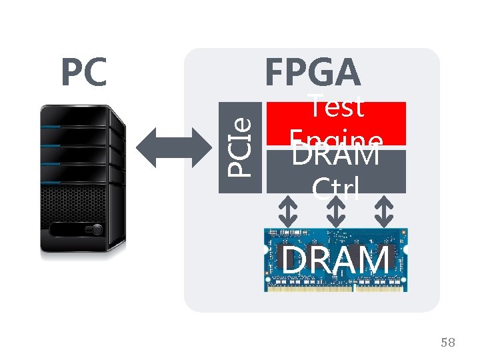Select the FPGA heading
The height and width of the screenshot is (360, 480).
point(313,71)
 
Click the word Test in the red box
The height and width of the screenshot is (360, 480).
point(337,107)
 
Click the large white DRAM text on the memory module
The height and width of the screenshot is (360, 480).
point(335,260)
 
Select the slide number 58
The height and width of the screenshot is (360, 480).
point(448,343)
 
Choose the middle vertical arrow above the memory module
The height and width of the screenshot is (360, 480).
point(336,212)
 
